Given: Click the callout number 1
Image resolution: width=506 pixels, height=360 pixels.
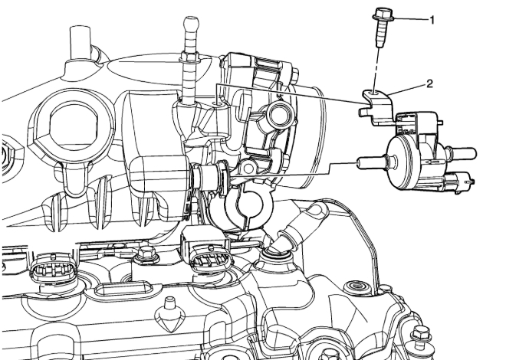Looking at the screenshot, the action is [x=432, y=21].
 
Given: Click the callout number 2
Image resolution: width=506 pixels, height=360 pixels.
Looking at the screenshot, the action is [x=429, y=84].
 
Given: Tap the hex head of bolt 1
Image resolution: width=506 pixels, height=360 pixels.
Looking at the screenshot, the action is [x=383, y=15].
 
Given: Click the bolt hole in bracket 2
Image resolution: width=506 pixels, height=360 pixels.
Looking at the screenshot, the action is [x=374, y=93].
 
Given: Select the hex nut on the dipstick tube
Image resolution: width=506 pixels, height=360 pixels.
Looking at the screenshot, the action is [x=189, y=58].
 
